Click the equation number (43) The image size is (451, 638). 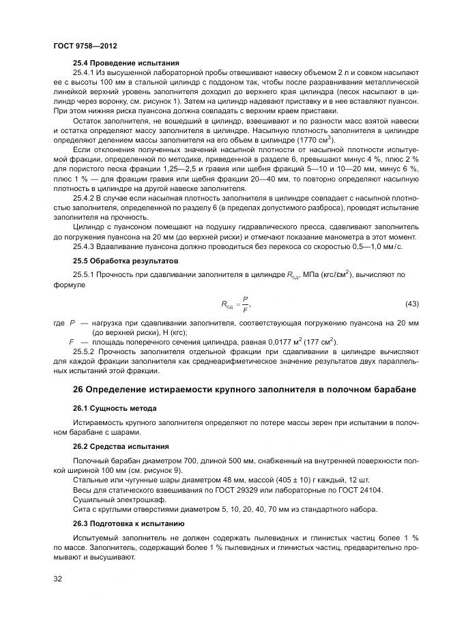tap(411, 303)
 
